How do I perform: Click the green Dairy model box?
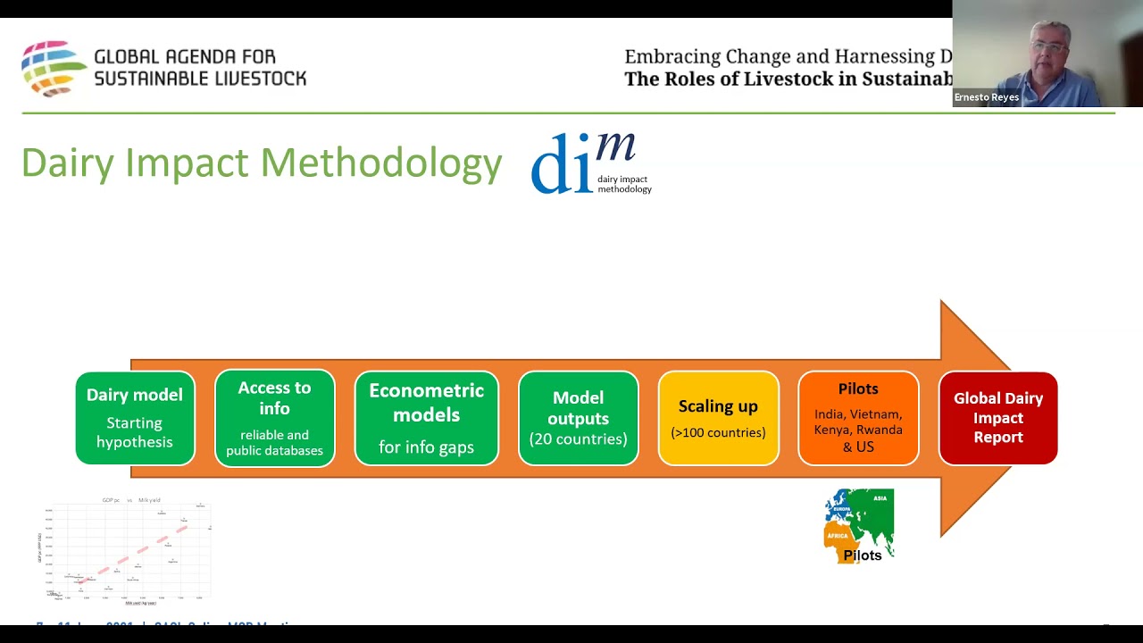coord(135,418)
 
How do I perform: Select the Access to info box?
coord(274,418)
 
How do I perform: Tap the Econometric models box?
coord(426,418)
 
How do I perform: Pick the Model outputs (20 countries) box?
coord(578,418)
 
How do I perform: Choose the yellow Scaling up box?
coord(718,418)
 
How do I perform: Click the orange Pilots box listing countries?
coord(858,418)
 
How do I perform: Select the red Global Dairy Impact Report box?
coord(997,418)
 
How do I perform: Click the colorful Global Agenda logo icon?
coord(54,68)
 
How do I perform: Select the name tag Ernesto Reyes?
coord(986,97)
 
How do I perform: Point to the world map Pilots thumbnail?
coord(859,526)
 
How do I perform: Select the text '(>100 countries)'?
coord(718,432)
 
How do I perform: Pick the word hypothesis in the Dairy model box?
coord(135,441)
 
